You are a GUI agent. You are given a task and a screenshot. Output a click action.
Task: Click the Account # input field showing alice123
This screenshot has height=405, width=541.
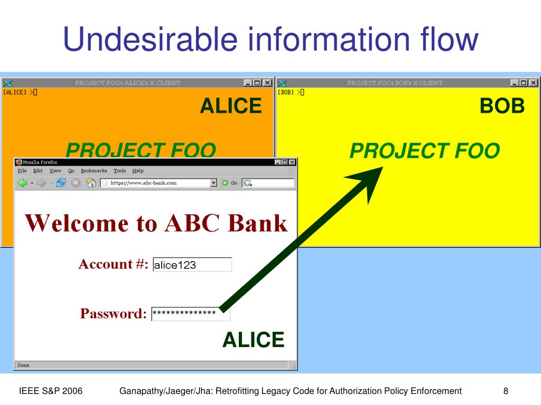point(192,265)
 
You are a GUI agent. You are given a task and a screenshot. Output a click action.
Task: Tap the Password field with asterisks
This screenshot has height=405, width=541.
point(190,314)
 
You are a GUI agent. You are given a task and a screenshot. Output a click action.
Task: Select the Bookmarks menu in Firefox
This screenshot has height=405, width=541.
point(94,171)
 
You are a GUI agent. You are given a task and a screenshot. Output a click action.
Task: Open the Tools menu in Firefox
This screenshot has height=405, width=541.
point(120,171)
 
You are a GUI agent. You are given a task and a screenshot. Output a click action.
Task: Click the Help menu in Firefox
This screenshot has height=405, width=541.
point(138,171)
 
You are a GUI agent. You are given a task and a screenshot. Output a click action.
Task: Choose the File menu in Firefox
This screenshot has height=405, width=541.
point(22,171)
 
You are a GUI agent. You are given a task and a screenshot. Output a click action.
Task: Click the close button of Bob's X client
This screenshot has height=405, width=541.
point(534,83)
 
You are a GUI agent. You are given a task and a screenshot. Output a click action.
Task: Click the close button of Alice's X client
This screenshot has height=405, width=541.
point(267,83)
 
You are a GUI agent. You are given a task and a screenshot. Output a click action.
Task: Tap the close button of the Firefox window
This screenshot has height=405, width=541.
point(292,162)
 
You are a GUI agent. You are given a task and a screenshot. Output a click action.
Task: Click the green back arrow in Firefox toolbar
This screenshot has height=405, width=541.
point(23,183)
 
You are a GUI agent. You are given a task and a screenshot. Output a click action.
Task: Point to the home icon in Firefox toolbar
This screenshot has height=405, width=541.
point(91,183)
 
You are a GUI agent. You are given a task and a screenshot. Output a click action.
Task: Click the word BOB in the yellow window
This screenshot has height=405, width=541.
point(502,107)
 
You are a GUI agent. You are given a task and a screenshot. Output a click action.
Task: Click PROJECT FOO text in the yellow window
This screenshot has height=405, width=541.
point(424,151)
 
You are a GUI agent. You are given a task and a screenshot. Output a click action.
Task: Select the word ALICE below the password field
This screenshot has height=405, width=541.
point(253,340)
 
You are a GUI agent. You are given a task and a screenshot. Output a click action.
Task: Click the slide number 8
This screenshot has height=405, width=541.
point(506,391)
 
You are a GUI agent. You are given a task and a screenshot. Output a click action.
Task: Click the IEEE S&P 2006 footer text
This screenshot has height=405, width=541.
point(50,391)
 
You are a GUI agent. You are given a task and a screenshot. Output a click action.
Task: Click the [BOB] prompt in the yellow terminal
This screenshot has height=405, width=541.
point(286,92)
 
